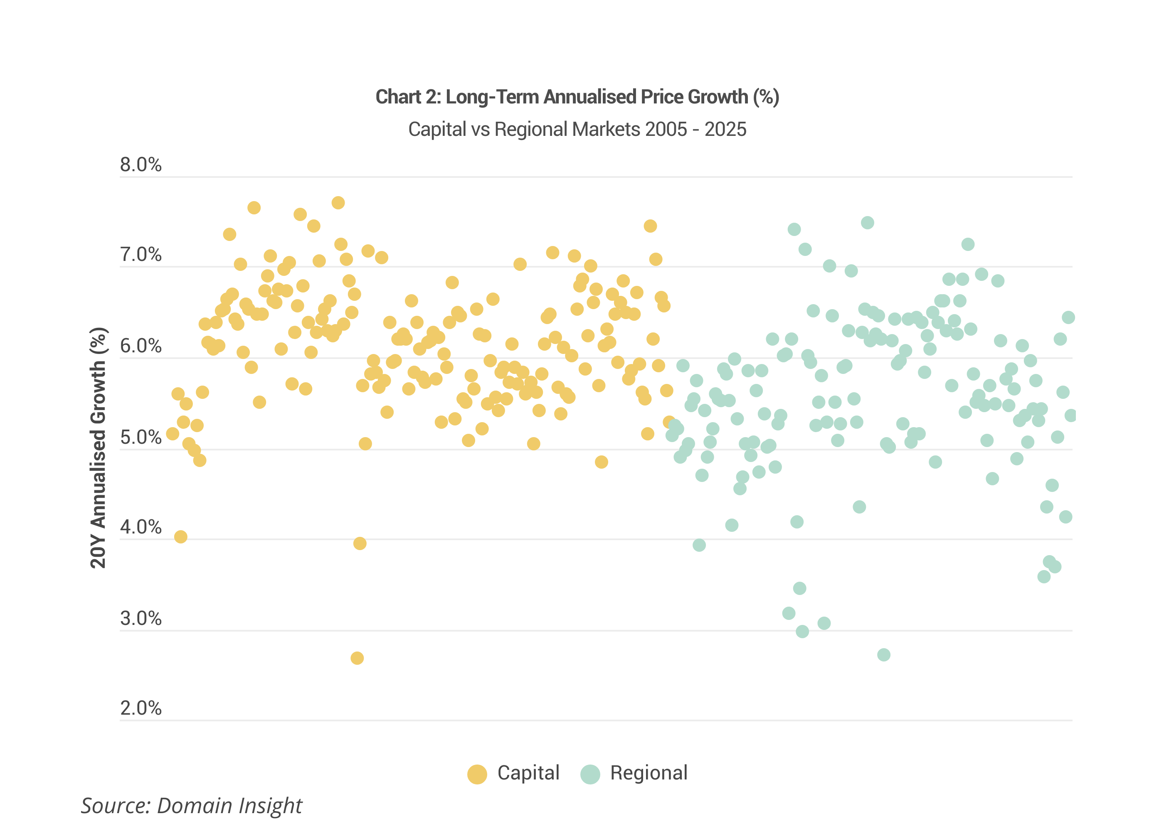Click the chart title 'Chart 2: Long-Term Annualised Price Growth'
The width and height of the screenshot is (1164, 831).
577,97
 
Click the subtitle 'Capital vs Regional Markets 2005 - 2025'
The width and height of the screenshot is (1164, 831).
577,129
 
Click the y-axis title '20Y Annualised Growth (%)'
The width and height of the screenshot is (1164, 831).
98,448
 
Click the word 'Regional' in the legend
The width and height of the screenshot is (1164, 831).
649,773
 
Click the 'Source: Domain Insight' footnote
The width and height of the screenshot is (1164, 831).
192,805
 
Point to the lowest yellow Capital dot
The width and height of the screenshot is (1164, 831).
357,658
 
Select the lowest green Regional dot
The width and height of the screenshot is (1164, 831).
883,654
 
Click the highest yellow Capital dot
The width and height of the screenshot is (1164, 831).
338,203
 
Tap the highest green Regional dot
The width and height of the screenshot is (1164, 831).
867,223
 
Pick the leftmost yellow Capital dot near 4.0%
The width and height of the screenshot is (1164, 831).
180,537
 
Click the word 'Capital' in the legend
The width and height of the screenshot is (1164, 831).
528,773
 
